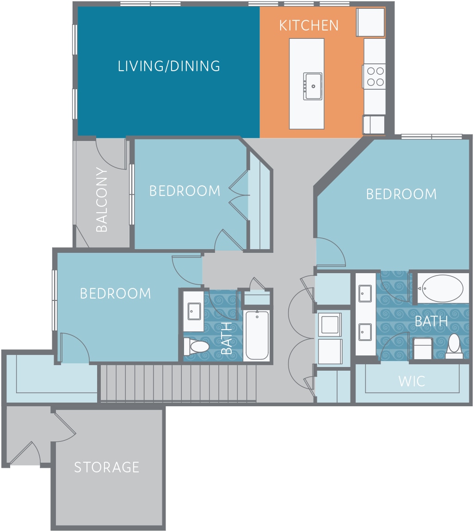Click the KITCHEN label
click(x=308, y=25)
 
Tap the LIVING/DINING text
click(x=169, y=66)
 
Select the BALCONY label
click(x=102, y=200)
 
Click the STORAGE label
click(x=107, y=467)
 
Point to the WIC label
click(x=412, y=381)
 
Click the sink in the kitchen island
click(x=313, y=86)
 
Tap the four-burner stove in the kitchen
click(x=375, y=76)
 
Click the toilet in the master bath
click(x=454, y=346)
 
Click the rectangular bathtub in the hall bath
click(x=257, y=335)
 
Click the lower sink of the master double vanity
click(x=365, y=332)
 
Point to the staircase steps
click(x=178, y=383)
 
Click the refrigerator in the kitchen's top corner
click(x=370, y=22)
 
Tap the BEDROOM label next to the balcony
click(x=185, y=191)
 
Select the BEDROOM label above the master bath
click(x=401, y=194)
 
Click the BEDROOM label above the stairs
click(x=116, y=294)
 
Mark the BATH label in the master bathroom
click(x=431, y=321)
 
